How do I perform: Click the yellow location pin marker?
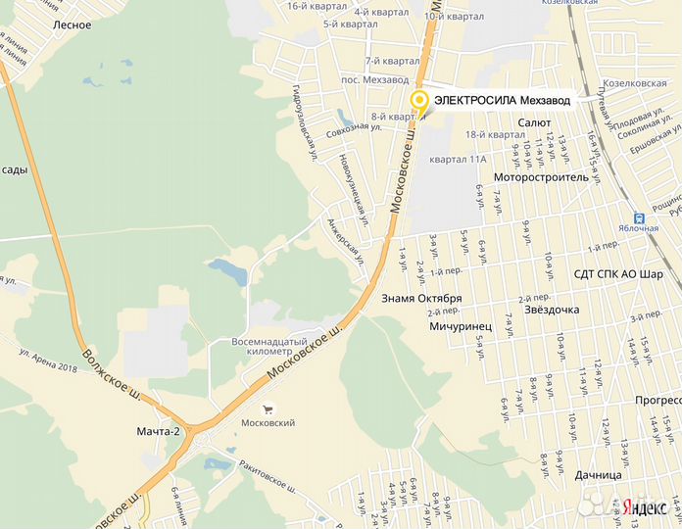tap(419, 101)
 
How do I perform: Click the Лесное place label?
tap(73, 25)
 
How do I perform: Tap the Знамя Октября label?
tap(421, 298)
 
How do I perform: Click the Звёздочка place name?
tap(551, 310)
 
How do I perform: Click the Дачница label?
tap(599, 475)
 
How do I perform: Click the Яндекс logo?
tap(647, 505)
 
